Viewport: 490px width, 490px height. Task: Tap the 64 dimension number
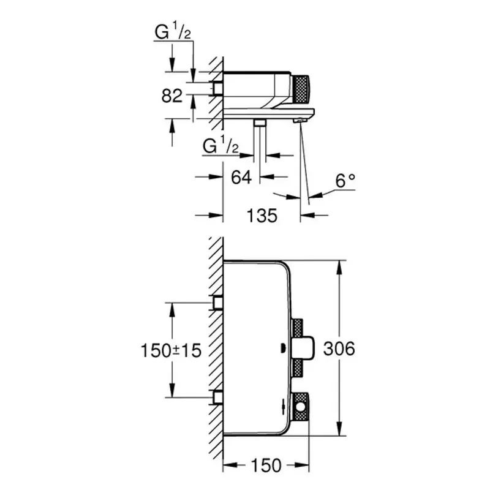point(242,177)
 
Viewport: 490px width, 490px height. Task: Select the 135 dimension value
point(262,215)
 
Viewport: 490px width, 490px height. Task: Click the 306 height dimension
point(338,349)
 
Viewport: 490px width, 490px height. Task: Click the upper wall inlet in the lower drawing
point(217,303)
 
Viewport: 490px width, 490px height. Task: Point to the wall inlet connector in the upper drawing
point(217,89)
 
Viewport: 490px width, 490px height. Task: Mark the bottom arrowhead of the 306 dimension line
point(339,428)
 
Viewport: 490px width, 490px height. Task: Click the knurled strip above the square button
point(298,327)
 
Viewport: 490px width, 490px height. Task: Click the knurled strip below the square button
point(298,369)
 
